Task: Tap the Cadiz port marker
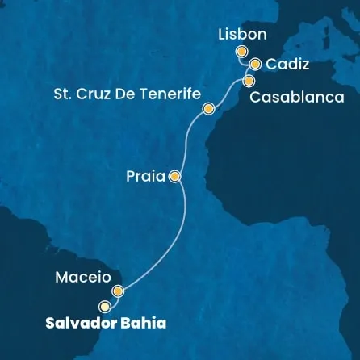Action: click(x=255, y=65)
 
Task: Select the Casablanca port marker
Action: click(x=248, y=81)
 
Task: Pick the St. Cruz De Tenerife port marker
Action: click(x=208, y=109)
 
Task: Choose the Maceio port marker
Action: click(x=118, y=291)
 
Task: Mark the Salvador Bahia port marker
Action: click(x=104, y=307)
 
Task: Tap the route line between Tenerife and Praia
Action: click(x=187, y=141)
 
